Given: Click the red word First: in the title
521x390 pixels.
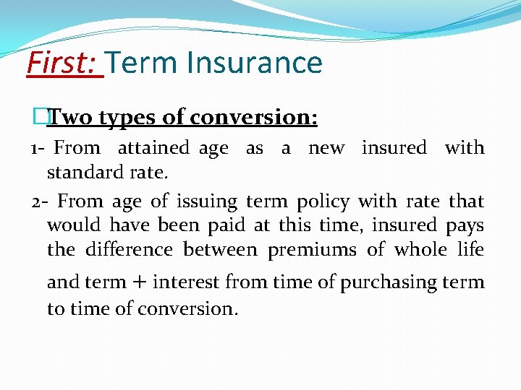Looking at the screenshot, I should (64, 63).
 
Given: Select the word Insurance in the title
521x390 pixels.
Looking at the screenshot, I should (254, 63).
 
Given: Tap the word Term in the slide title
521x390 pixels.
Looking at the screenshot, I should (143, 63).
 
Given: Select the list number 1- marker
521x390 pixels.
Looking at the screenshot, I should (39, 148).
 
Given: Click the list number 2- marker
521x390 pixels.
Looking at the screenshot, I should (40, 201).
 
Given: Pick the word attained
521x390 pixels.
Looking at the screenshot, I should (153, 148).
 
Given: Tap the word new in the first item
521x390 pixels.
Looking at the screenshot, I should (326, 148).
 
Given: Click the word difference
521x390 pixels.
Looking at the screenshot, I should (129, 250).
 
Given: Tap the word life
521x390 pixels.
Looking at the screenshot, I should (470, 250).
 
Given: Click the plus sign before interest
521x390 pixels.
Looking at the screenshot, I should (141, 282).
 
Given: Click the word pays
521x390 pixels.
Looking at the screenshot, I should (465, 226).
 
